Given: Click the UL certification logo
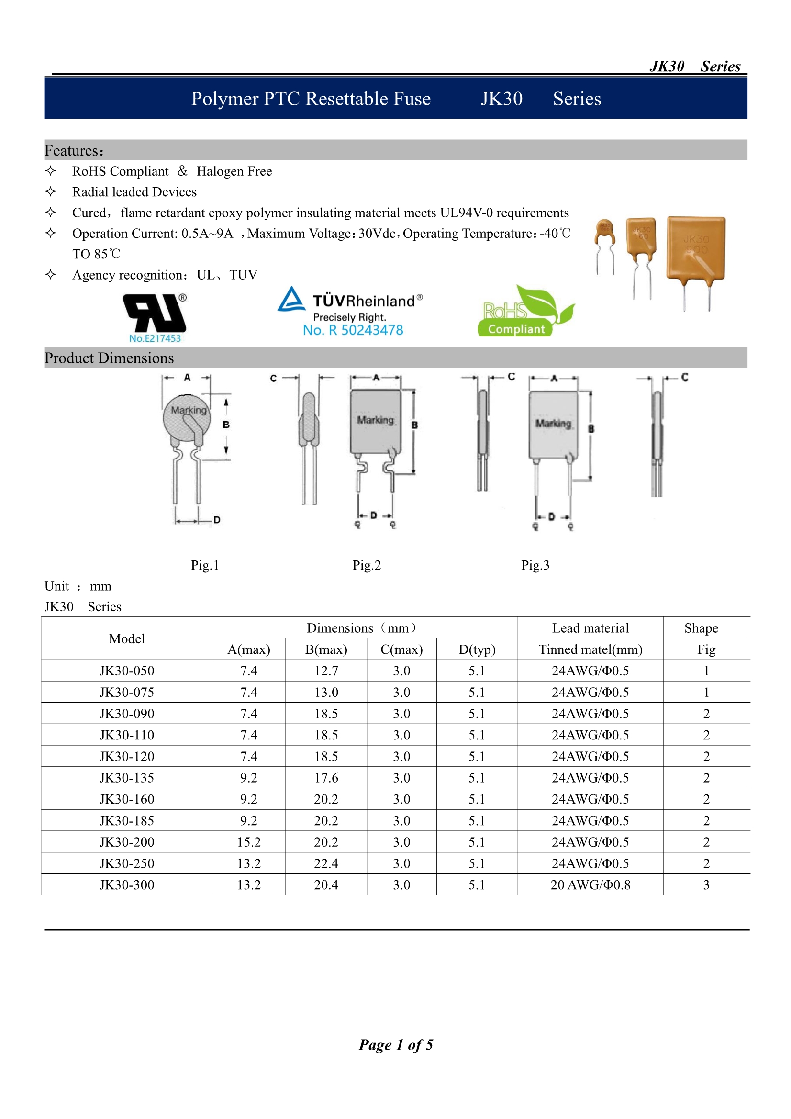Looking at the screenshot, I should point(155,313).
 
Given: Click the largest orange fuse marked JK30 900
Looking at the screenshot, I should point(695,249).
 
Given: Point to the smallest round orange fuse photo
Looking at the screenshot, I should point(605,233).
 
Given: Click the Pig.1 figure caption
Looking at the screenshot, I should point(205,565).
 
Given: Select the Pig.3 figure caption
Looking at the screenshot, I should point(535,565).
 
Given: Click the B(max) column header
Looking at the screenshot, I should point(325,649).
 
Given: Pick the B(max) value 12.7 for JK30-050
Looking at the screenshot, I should point(325,671).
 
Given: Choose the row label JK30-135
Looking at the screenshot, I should point(127,778).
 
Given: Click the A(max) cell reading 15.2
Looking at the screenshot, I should point(248,842).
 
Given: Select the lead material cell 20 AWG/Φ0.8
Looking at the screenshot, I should point(590,885).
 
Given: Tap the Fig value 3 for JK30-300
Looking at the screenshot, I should point(706,885).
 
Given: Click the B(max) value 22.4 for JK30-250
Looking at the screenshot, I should point(325,863).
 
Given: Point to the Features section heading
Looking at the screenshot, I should point(74,151).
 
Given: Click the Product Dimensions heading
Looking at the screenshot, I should point(109,358).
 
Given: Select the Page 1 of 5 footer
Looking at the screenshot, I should point(395,1044).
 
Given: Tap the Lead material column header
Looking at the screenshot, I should point(590,628).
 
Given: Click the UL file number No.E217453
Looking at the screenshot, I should point(155,338).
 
